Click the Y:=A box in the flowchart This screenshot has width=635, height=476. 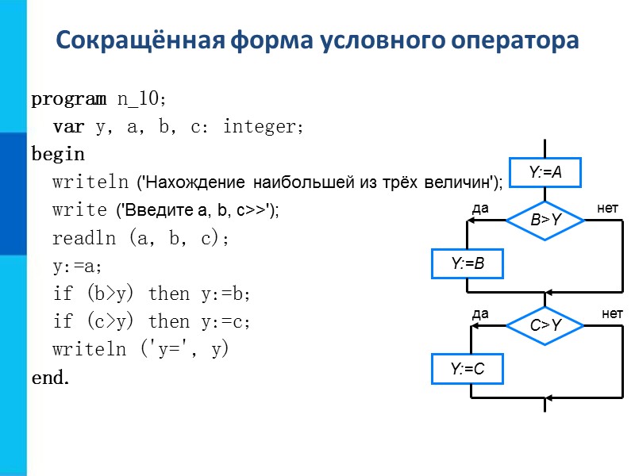tap(545, 172)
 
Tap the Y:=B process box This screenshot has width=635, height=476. tap(468, 264)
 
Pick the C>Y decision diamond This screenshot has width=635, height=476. tap(545, 325)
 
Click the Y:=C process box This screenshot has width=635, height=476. tap(468, 369)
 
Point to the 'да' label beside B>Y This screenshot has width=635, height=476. tap(480, 208)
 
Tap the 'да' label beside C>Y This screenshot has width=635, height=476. tap(480, 314)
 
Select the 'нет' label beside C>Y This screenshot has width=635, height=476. tap(612, 314)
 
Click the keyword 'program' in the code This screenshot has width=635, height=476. tap(68, 99)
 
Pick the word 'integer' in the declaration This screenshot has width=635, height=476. tap(262, 127)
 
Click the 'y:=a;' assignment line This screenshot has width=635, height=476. tap(79, 267)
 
